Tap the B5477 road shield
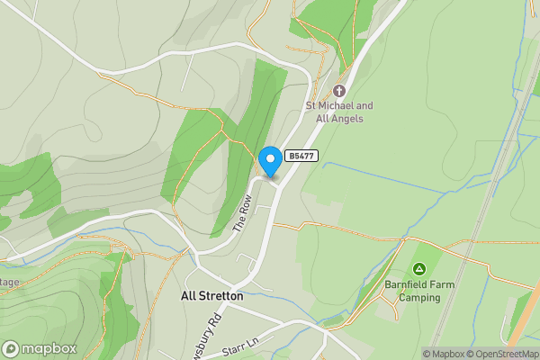click(x=300, y=156)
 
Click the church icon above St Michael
click(x=339, y=91)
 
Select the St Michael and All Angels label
click(x=338, y=112)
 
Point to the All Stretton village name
click(x=211, y=295)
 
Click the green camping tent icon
click(x=418, y=269)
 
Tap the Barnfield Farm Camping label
click(x=418, y=291)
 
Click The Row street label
click(x=240, y=216)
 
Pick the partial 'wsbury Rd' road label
click(x=215, y=335)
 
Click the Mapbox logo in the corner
click(x=39, y=348)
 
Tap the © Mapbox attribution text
click(x=443, y=354)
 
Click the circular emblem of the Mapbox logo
click(x=11, y=348)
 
